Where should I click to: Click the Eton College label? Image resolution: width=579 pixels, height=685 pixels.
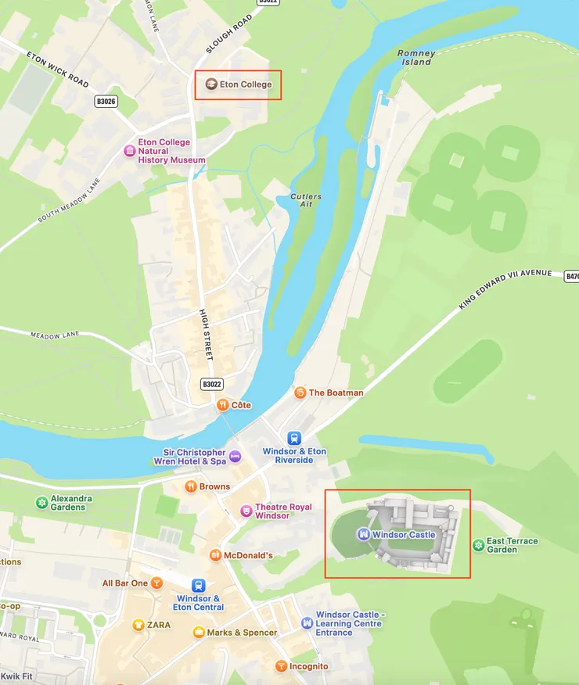pos(245,84)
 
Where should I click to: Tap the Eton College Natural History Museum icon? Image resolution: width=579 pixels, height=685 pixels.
pos(129,150)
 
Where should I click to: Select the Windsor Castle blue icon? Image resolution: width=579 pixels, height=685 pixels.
pos(362,535)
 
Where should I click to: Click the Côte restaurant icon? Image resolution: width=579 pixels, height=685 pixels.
pos(223,405)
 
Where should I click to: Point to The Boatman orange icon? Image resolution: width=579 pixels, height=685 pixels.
pos(300,393)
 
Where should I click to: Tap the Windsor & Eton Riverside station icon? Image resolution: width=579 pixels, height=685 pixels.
pos(294,439)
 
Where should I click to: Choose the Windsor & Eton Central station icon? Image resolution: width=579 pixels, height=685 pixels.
pos(199,585)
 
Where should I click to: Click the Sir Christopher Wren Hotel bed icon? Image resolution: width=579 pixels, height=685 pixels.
pos(235,457)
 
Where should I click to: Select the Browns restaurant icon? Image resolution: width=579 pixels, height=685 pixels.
pos(190,486)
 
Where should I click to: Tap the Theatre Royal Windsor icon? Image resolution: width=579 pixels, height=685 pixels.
pos(246,511)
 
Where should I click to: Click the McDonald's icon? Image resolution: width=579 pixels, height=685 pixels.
pos(215,555)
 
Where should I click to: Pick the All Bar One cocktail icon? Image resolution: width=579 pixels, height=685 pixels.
pos(157,583)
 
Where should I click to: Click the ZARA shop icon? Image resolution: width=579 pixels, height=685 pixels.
pos(138,625)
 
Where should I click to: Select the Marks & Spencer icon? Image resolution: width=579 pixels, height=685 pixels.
pos(199,632)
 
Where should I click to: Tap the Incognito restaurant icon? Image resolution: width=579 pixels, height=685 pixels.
pos(280,666)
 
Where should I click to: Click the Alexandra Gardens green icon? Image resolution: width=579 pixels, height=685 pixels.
pos(41,503)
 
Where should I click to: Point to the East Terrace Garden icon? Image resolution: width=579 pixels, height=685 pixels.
pos(477,545)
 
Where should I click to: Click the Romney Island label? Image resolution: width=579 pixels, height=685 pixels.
pos(415,58)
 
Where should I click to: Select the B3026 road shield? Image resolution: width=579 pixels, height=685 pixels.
pos(106,101)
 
